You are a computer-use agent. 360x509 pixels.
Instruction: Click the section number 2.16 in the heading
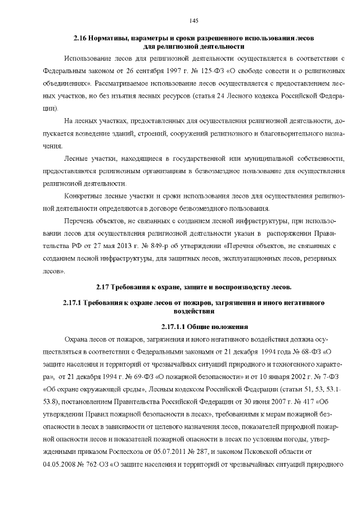[82, 38]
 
